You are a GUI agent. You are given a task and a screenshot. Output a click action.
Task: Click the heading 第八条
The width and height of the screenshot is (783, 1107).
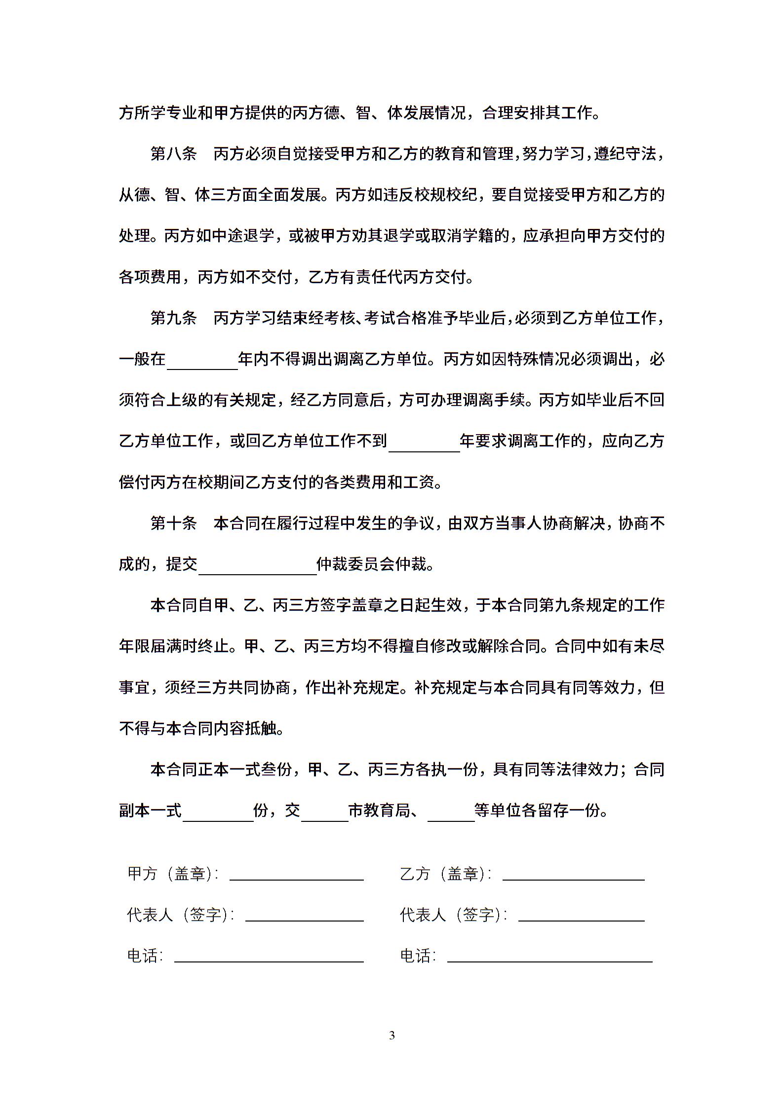173,154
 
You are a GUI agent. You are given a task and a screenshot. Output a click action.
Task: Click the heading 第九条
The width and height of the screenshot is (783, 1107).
173,318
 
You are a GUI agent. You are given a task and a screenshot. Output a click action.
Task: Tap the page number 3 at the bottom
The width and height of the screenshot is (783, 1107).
392,1035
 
